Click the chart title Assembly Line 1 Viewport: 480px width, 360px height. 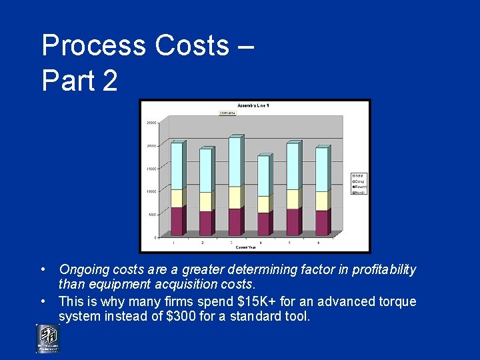(x=254, y=106)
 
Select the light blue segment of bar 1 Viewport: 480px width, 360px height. (x=177, y=166)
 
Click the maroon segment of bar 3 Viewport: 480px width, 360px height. (x=234, y=221)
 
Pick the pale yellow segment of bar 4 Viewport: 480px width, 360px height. (x=263, y=204)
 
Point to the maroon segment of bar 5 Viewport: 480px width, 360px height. (x=292, y=222)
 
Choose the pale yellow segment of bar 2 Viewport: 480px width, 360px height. (x=205, y=201)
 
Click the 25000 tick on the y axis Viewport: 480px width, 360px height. (x=151, y=123)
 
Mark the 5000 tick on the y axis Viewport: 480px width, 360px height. (x=153, y=215)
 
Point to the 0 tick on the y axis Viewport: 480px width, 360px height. (x=156, y=237)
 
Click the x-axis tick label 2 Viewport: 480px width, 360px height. (x=203, y=243)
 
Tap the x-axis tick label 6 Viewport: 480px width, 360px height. (x=319, y=243)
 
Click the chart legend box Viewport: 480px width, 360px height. (x=359, y=183)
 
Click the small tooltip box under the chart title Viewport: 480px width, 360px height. (x=228, y=113)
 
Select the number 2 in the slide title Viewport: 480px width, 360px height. (x=109, y=81)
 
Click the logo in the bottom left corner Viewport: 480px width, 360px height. (x=47, y=338)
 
